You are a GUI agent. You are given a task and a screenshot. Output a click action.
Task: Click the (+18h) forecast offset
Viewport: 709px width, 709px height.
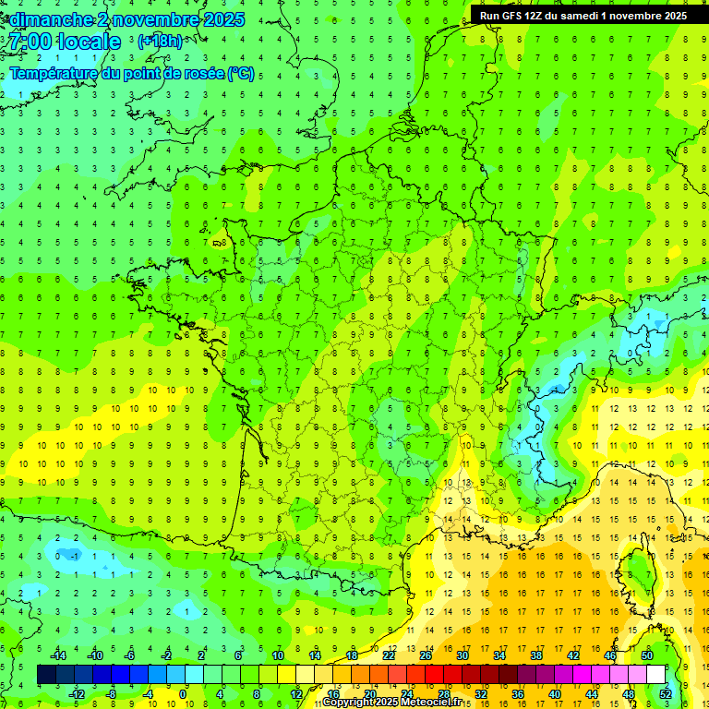point(160,42)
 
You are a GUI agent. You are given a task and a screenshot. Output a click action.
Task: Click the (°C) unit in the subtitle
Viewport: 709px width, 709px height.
point(241,74)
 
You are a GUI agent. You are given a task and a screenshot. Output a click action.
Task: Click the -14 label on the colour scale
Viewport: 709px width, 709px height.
point(57,655)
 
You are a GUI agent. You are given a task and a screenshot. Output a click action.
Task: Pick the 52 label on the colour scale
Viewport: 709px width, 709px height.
point(666,693)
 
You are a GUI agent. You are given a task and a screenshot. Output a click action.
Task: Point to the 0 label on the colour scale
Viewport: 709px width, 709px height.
point(183,693)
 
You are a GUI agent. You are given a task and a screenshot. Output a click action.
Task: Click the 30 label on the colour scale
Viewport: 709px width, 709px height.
point(462,655)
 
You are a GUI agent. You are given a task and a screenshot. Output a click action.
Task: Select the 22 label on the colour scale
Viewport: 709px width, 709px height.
point(389,655)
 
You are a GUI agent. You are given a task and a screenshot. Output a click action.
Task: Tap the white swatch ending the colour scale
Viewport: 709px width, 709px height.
point(655,674)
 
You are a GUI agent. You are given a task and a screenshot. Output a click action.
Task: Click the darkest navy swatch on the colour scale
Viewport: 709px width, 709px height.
point(46,674)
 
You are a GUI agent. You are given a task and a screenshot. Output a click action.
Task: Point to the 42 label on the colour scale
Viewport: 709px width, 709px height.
point(572,655)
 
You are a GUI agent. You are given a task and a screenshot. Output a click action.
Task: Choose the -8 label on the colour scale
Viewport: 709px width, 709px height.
point(112,693)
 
